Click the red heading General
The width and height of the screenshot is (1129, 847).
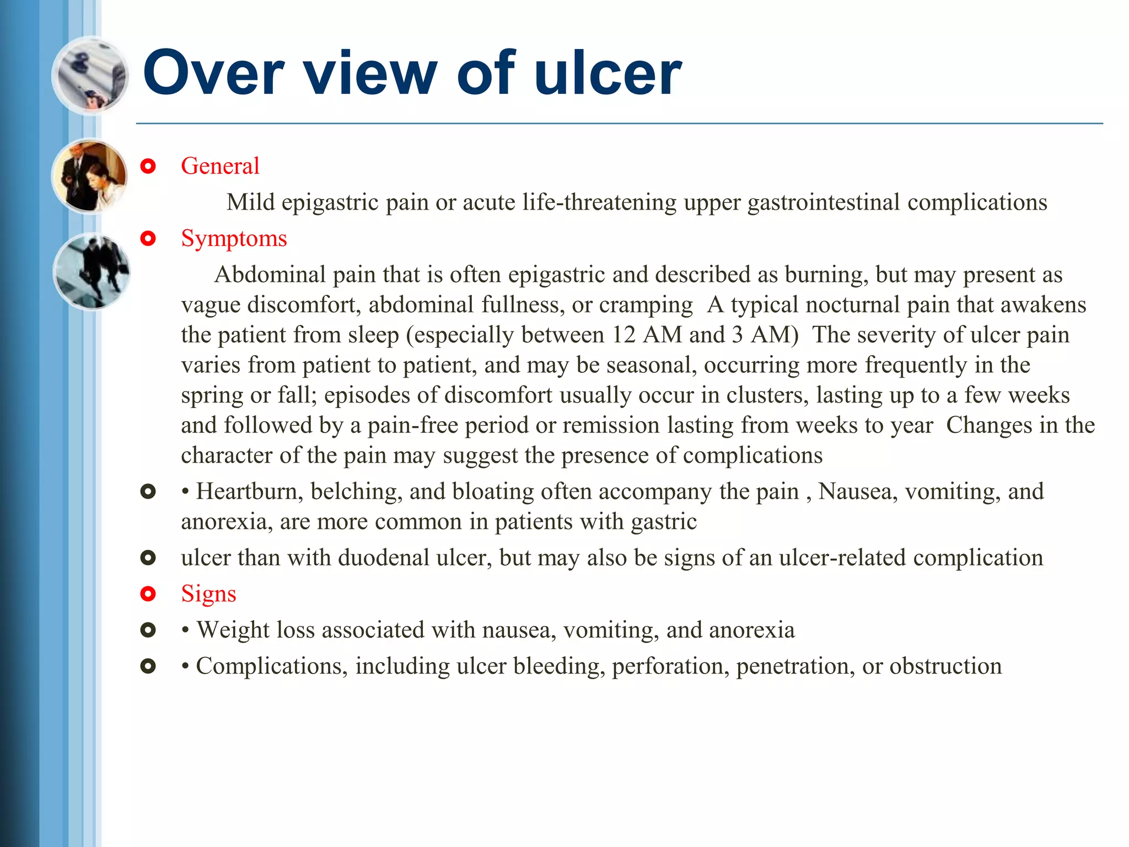tap(220, 166)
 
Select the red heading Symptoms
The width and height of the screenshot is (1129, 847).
tap(234, 239)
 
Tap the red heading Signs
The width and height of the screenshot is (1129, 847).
tap(208, 594)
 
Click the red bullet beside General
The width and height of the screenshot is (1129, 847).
tap(148, 166)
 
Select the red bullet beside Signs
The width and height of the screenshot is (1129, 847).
tap(148, 594)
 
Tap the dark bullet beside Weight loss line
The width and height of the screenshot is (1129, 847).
tap(148, 630)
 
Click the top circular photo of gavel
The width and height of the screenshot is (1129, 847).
tap(90, 75)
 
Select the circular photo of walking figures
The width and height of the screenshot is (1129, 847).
tap(92, 271)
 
